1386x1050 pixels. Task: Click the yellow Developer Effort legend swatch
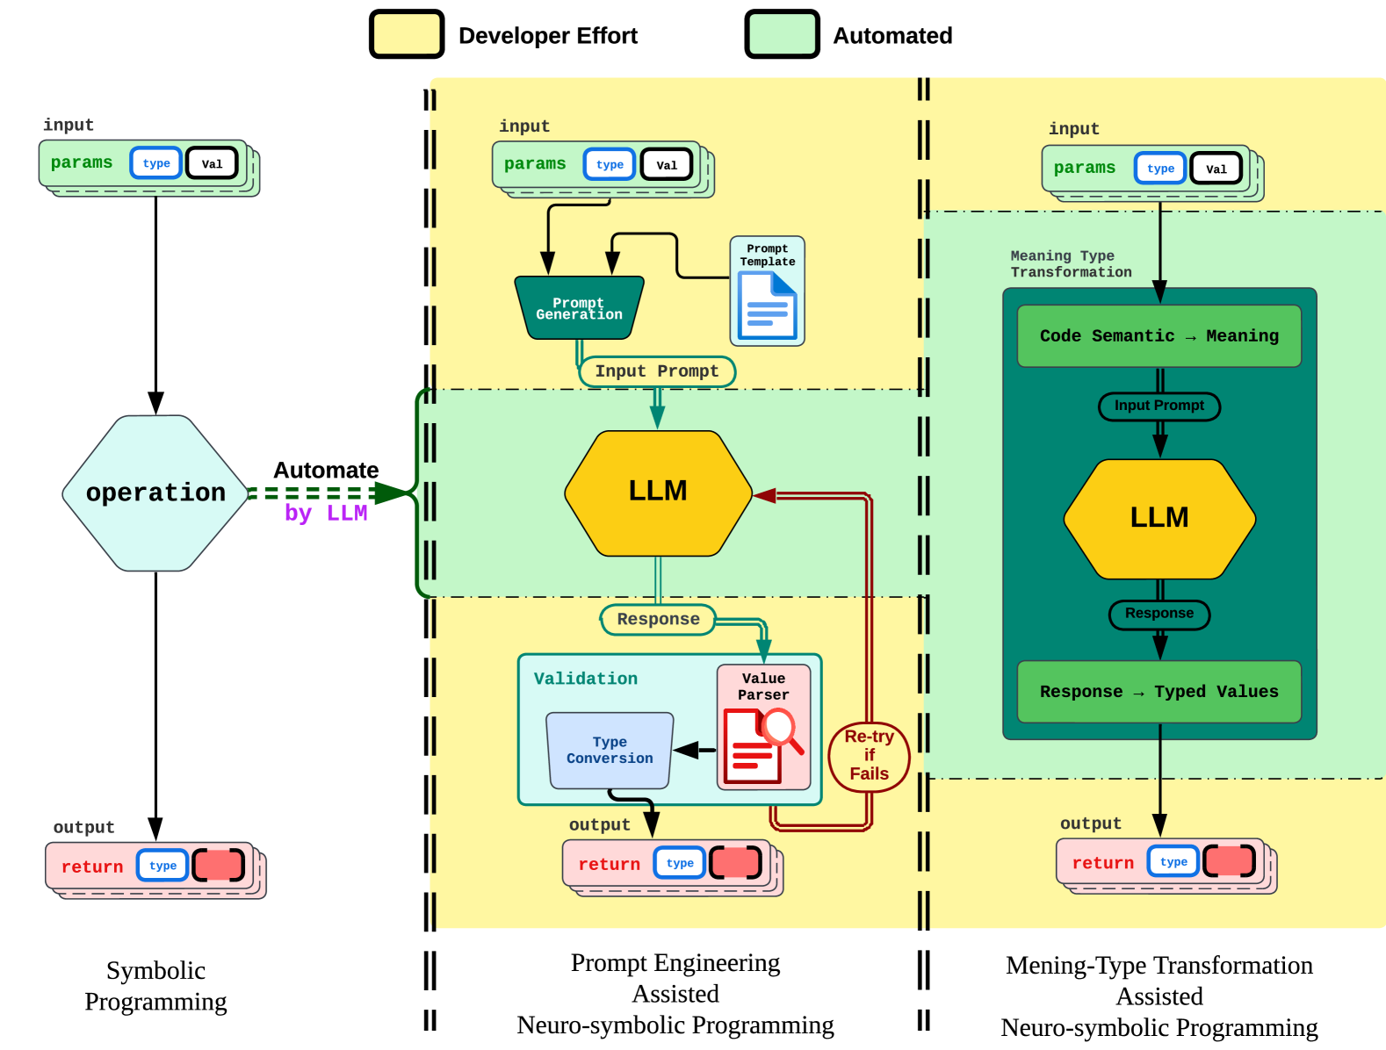407,35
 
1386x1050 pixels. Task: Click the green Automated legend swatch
782,35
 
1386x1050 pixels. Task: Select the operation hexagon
155,493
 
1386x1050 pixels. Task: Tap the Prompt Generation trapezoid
579,308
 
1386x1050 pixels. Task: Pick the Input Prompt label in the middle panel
656,371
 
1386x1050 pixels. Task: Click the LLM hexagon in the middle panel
658,493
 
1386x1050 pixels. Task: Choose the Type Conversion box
610,751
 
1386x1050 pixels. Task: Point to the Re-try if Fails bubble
869,755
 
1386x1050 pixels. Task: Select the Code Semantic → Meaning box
1159,336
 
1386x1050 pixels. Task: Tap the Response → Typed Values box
1159,692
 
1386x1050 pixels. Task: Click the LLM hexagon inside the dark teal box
1159,518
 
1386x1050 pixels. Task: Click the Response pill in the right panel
1159,614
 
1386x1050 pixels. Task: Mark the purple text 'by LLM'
326,514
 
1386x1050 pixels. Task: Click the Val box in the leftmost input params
212,163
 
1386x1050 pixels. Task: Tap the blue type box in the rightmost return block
1173,862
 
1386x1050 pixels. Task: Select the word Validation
586,679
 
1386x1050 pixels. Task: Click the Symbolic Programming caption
155,986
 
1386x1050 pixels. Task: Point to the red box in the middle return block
735,863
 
